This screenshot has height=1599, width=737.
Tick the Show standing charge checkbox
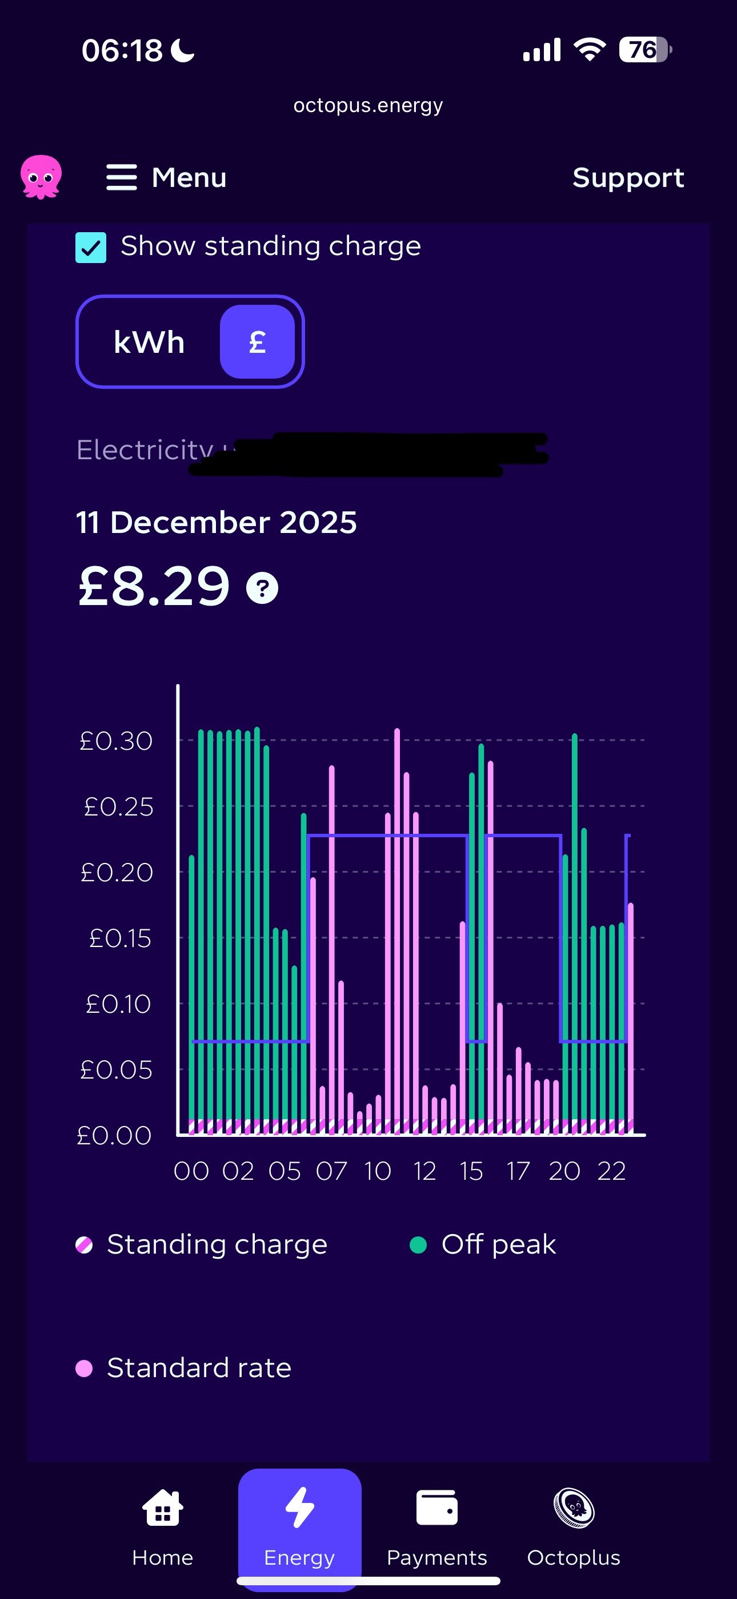pyautogui.click(x=91, y=248)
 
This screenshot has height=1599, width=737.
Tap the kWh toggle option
pyautogui.click(x=150, y=342)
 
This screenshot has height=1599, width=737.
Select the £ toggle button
pyautogui.click(x=257, y=342)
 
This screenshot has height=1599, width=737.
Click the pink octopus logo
pyautogui.click(x=41, y=177)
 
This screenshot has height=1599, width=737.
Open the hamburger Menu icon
pyautogui.click(x=122, y=177)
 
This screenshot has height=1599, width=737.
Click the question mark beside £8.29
pyautogui.click(x=262, y=588)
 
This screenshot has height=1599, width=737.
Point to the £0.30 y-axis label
pyautogui.click(x=116, y=741)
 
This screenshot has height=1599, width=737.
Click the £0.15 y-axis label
pyautogui.click(x=120, y=938)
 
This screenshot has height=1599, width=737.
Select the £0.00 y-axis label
pyautogui.click(x=114, y=1135)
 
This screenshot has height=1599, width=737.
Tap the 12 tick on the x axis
pyautogui.click(x=425, y=1171)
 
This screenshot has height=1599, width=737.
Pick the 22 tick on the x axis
pyautogui.click(x=611, y=1171)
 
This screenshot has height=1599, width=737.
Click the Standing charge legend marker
pyautogui.click(x=84, y=1244)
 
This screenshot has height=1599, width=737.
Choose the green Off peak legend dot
pyautogui.click(x=418, y=1244)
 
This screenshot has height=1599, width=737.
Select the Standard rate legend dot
pyautogui.click(x=84, y=1368)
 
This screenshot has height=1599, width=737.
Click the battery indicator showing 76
pyautogui.click(x=644, y=50)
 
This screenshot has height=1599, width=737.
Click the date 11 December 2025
pyautogui.click(x=216, y=523)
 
